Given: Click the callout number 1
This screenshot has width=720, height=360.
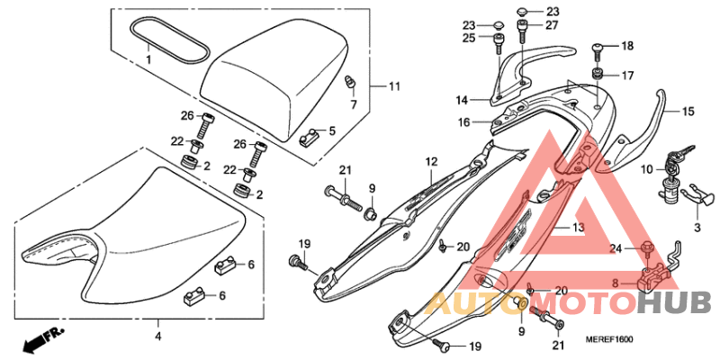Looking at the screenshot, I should [148, 58].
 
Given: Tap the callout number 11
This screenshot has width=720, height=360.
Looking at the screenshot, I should [394, 86].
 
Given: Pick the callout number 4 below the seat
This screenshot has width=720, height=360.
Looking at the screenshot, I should [157, 337].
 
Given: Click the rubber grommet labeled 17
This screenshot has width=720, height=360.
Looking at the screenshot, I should [598, 74].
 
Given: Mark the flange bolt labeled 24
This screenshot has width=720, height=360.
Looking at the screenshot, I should [645, 247].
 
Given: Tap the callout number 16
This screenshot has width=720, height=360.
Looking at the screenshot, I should [463, 121].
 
